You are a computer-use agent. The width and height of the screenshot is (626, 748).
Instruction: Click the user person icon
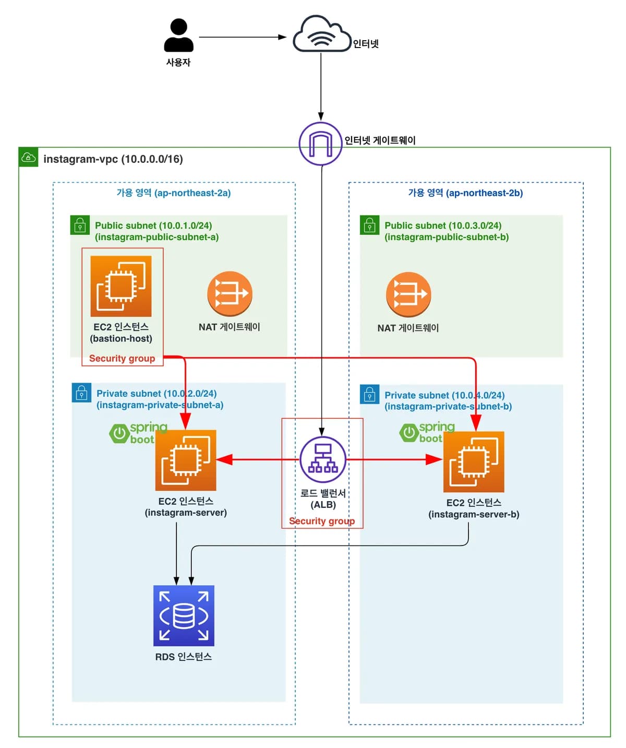(x=178, y=35)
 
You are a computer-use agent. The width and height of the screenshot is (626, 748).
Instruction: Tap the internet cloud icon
(x=321, y=33)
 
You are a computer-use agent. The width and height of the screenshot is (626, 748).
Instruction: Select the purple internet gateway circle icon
(x=320, y=144)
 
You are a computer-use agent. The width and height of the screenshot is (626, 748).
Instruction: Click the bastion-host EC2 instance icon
(x=121, y=286)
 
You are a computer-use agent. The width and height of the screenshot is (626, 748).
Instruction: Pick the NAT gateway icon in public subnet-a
(x=230, y=294)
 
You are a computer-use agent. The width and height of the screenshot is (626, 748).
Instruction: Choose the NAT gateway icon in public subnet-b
(x=408, y=294)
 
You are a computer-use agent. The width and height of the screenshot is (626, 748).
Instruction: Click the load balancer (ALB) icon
(x=323, y=460)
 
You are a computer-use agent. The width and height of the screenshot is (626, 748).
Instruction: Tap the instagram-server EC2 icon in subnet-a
(x=186, y=460)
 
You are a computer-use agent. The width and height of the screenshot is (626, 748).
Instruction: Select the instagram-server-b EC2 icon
(x=474, y=462)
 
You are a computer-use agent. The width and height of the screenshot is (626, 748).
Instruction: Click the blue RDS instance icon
(x=184, y=615)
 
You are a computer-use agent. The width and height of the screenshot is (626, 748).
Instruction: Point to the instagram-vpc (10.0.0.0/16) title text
(x=113, y=159)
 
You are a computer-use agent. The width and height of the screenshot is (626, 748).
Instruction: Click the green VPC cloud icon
(x=28, y=157)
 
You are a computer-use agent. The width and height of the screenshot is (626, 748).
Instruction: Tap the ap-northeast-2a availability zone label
(x=174, y=193)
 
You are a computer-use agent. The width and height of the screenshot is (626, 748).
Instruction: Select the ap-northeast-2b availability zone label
(x=465, y=193)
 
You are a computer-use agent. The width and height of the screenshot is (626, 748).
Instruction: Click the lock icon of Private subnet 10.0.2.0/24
(x=81, y=393)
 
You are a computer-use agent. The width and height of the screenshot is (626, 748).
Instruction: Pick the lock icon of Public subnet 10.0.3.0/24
(x=369, y=224)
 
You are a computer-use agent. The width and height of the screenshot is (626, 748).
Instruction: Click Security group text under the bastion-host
(x=122, y=358)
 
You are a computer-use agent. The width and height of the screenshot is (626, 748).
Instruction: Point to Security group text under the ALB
(x=322, y=521)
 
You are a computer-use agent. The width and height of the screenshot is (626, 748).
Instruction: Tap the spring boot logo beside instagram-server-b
(x=427, y=432)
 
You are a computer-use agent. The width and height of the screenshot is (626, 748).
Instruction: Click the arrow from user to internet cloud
(x=243, y=37)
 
